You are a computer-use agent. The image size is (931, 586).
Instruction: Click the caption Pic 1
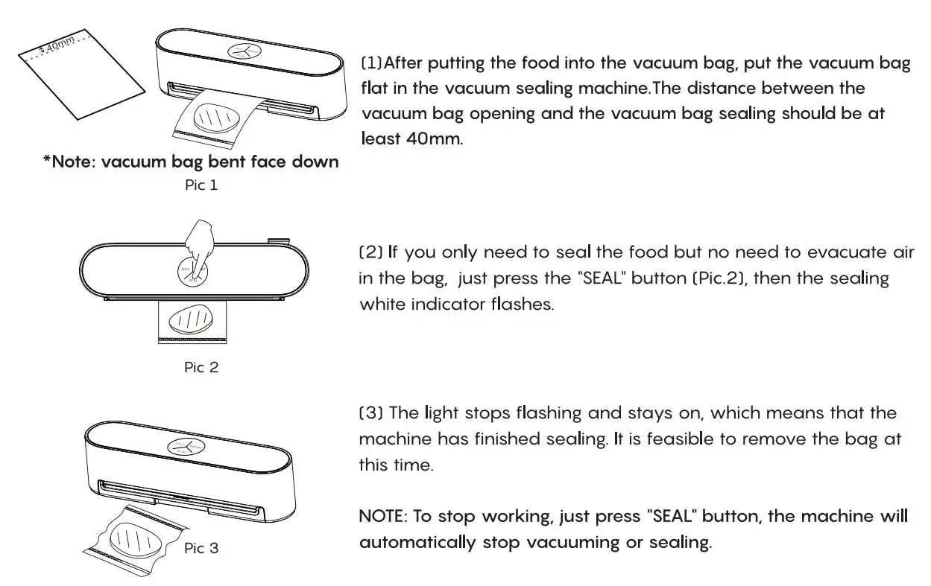[x=201, y=185]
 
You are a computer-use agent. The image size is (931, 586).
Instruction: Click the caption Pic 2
[x=201, y=367]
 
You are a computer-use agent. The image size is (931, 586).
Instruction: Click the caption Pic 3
[x=201, y=548]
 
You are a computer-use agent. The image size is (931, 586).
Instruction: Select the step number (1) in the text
[x=372, y=63]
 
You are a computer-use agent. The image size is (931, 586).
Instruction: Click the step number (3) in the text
[x=371, y=413]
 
